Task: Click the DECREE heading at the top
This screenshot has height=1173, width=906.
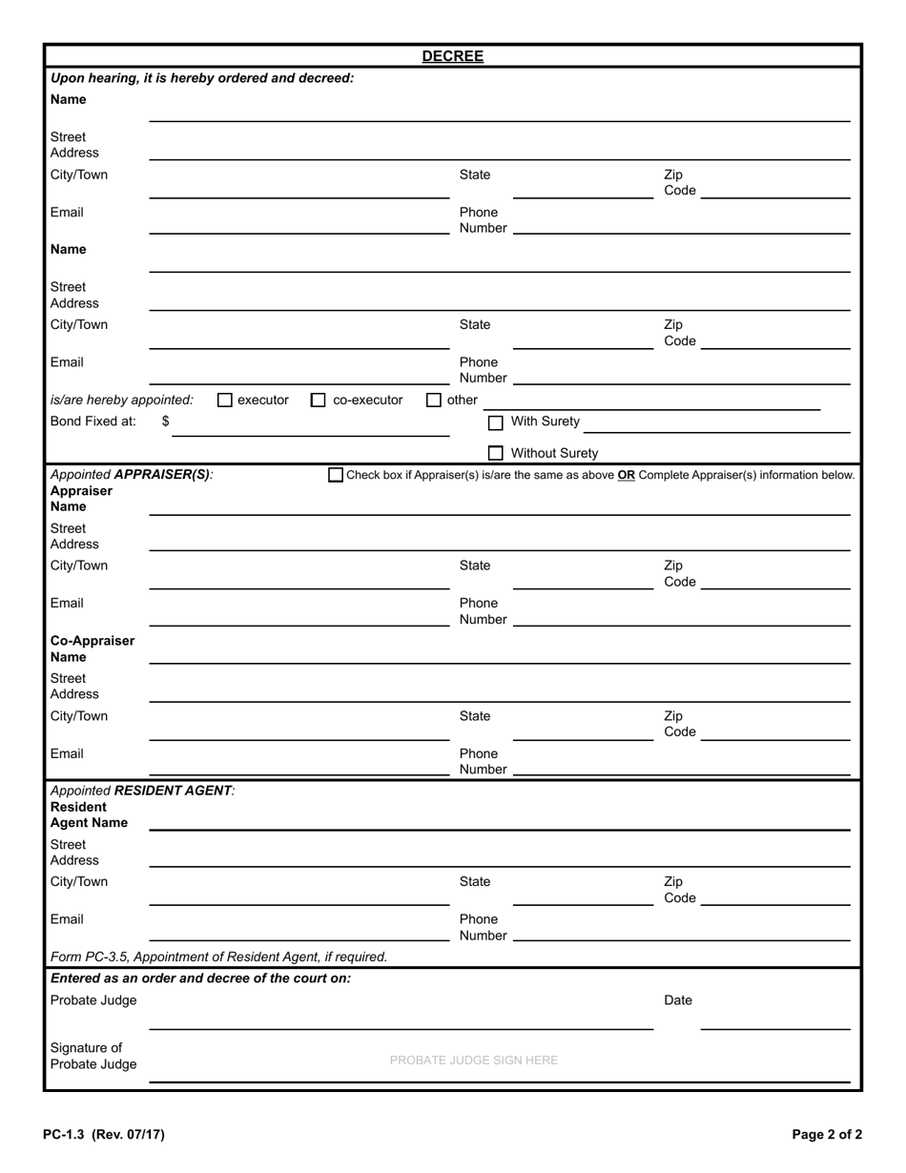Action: [x=452, y=56]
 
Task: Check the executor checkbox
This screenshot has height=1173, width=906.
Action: [x=225, y=401]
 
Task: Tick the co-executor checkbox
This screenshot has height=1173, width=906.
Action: [x=319, y=401]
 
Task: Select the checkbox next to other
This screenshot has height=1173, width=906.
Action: [x=434, y=401]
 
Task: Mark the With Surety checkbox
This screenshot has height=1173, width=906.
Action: [x=495, y=422]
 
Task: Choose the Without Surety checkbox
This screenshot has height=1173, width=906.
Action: [x=495, y=454]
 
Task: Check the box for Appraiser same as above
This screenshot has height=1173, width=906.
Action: [x=336, y=475]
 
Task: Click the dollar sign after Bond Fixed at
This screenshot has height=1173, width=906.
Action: [x=166, y=421]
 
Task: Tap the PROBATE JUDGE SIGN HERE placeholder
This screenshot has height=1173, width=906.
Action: [x=474, y=1060]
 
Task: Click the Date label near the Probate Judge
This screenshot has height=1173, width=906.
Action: [x=678, y=1000]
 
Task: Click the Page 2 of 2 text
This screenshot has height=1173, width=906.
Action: [x=826, y=1135]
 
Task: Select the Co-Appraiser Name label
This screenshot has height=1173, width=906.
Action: [x=93, y=648]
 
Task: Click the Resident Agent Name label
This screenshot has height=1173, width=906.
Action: [x=89, y=814]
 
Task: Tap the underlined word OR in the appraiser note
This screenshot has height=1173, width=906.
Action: [x=626, y=475]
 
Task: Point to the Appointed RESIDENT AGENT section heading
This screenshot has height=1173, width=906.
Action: [x=142, y=791]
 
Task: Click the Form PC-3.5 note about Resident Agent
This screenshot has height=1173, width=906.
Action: [x=218, y=957]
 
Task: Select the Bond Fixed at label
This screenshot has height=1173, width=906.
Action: [x=93, y=421]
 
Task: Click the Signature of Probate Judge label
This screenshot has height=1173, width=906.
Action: [x=93, y=1056]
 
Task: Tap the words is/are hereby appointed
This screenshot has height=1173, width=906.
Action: [x=121, y=401]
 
